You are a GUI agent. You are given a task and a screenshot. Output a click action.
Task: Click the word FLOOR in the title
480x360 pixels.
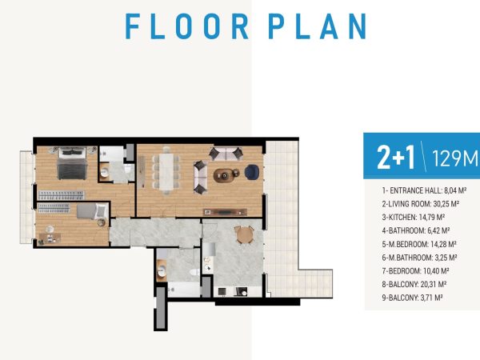(x=186, y=26)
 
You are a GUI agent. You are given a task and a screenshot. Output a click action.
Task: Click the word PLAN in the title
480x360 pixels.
(x=318, y=26)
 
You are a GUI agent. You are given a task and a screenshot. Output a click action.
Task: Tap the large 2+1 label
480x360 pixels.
(x=396, y=158)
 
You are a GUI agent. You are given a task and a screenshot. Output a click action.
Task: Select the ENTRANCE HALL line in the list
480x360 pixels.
(x=424, y=190)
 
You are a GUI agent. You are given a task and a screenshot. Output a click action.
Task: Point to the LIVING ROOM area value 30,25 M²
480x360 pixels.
(x=446, y=204)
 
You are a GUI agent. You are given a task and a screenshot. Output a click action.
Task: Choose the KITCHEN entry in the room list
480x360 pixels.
(x=414, y=218)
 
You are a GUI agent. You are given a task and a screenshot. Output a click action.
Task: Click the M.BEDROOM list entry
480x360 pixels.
(x=419, y=244)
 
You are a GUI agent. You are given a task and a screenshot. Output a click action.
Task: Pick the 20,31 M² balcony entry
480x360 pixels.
(x=414, y=284)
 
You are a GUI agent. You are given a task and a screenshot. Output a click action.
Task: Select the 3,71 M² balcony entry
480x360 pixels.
(x=412, y=298)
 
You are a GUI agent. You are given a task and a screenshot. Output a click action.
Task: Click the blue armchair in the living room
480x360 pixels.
(x=252, y=172)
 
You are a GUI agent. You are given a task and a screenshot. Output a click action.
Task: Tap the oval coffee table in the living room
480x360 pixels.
(x=224, y=175)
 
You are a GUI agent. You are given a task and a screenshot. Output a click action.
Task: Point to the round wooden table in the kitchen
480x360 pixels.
(x=244, y=234)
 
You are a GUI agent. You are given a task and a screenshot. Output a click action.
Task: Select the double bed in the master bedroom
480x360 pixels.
(x=72, y=163)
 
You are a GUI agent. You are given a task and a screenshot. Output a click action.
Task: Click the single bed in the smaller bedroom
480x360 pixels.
(x=92, y=211)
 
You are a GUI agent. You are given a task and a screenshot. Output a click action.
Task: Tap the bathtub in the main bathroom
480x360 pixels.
(x=184, y=290)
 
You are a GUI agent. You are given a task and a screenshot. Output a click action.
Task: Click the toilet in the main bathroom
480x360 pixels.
(x=194, y=272)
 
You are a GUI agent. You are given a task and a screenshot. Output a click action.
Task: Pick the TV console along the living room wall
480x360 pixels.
(x=225, y=212)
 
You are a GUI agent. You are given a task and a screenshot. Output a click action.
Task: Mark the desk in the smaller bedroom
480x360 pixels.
(x=50, y=238)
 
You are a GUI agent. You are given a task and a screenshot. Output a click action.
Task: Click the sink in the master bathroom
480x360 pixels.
(x=105, y=172)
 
